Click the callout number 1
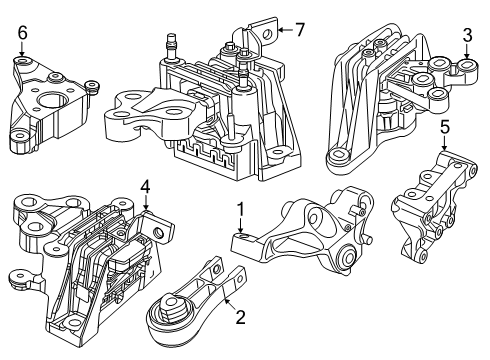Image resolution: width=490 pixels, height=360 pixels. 239,210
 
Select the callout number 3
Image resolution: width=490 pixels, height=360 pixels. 466,38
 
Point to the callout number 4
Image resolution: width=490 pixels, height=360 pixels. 145,186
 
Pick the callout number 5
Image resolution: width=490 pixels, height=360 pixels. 445,128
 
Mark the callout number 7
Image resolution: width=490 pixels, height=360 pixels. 299,29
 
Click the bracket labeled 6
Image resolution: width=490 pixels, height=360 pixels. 48,105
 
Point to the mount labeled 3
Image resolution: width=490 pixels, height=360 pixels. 385,100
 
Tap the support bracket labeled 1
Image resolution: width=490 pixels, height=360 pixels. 305,235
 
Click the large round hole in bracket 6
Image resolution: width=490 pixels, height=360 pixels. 47,101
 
